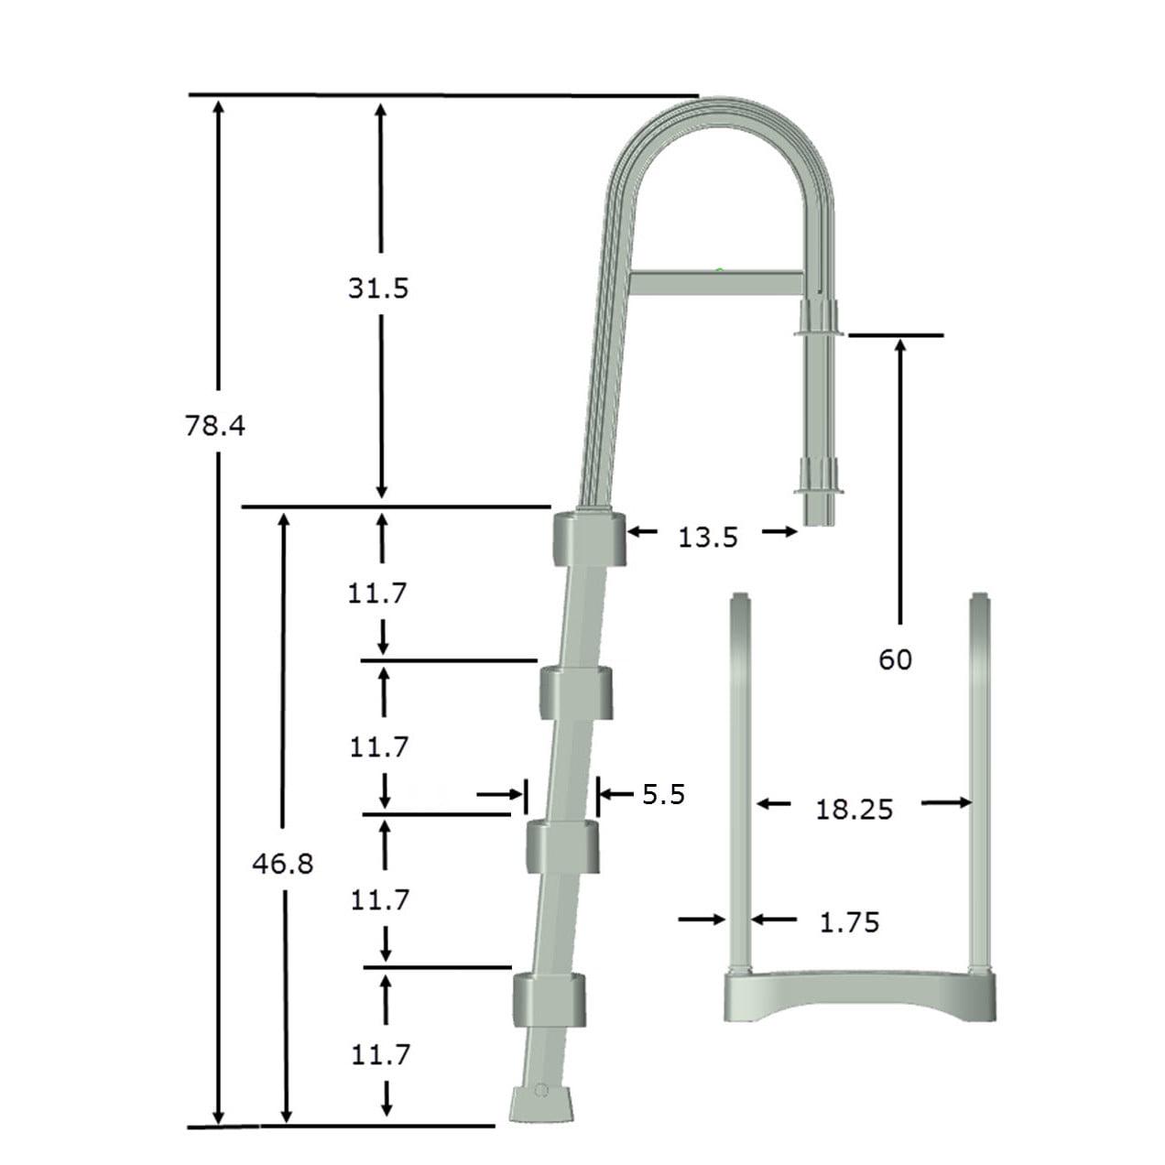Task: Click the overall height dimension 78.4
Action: tap(215, 426)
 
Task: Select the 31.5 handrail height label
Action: tap(377, 289)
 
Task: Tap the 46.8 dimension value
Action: tap(283, 864)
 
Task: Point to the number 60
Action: tap(895, 659)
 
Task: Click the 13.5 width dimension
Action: tap(707, 537)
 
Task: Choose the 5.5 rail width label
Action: tap(663, 793)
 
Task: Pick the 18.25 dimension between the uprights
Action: tap(854, 809)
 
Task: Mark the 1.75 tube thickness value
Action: tap(848, 922)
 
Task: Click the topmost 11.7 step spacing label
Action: tap(376, 594)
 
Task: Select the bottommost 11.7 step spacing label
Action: tap(381, 1055)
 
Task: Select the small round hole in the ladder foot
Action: tap(540, 1091)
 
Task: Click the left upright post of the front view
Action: tap(740, 778)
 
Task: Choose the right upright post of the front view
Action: tap(980, 778)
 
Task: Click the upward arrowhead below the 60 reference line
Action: tap(900, 348)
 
